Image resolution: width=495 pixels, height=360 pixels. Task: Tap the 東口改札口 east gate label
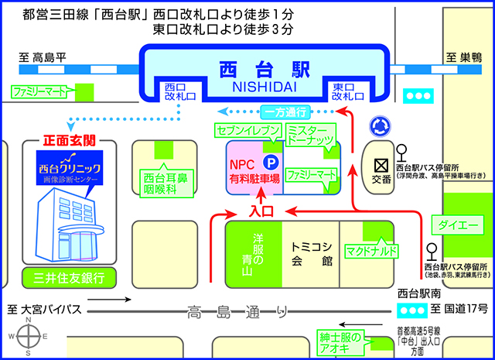[347, 91]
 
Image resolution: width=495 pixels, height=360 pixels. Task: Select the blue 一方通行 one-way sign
[284, 111]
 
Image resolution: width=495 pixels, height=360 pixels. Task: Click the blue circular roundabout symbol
[380, 124]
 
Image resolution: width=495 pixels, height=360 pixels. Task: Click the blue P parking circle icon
[271, 163]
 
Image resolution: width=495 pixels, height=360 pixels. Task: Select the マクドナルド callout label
[373, 252]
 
